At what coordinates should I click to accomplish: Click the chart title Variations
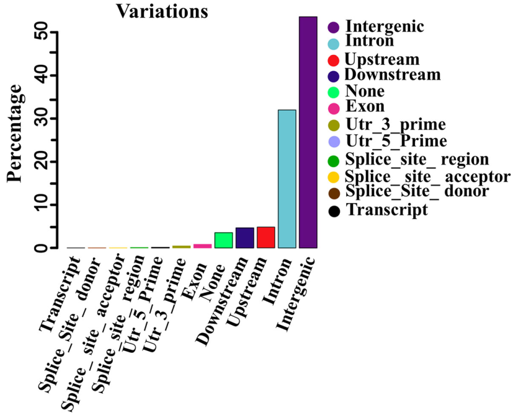[162, 11]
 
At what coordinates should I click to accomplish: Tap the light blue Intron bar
[287, 179]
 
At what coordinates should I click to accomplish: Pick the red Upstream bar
[266, 237]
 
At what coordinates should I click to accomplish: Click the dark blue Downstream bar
[245, 238]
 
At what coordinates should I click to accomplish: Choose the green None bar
[224, 240]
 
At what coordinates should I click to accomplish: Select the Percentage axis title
[16, 133]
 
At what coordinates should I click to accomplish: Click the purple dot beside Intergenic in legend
[333, 27]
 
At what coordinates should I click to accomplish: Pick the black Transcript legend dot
[333, 210]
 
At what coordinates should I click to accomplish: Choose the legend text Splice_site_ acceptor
[427, 176]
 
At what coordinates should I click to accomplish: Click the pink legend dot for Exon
[333, 107]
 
